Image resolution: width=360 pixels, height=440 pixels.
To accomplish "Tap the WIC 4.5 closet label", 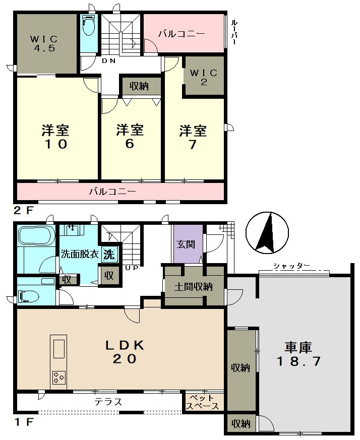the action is pos(44,43).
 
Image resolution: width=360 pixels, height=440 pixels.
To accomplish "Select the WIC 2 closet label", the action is pos(204,77).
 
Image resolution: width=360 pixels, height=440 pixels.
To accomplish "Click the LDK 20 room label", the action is pos(125,352).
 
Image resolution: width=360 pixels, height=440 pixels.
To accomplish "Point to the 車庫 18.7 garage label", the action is pos(298,354).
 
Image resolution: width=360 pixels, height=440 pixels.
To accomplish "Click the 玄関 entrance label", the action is pos(186,244).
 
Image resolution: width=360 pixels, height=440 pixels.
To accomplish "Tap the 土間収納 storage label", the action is pos(194,287).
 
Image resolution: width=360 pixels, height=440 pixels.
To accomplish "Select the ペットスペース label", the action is pos(203,402).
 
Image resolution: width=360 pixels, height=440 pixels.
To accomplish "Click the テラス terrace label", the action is pos(108,402).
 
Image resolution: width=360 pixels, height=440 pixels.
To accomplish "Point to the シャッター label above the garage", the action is pos(291,266).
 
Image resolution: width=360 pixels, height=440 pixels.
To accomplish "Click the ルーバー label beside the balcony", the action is pos(233,32).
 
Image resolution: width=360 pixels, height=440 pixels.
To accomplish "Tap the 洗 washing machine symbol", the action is pos(109,254).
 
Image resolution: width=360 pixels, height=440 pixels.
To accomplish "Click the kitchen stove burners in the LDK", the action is pos(58,378).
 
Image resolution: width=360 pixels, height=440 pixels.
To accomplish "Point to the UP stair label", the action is pos(132,268).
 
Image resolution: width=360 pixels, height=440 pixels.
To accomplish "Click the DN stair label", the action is pos(109,60).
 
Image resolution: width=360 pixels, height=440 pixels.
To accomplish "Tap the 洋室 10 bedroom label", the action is pos(55,137).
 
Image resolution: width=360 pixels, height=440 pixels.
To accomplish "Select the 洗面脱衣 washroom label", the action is pos(80,254).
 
